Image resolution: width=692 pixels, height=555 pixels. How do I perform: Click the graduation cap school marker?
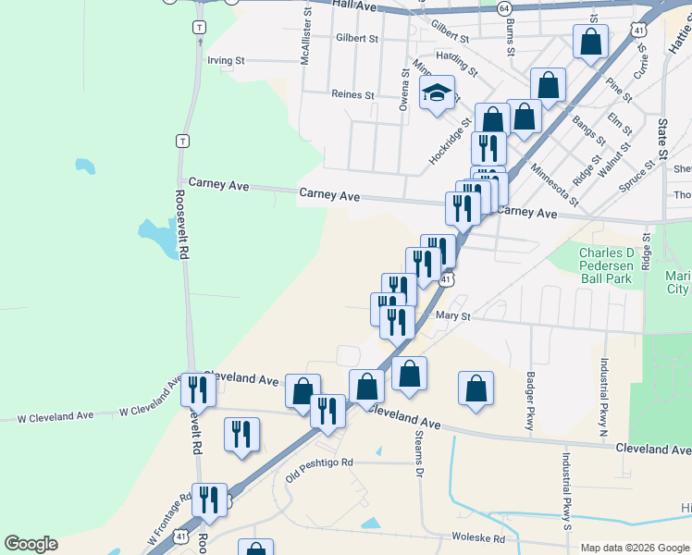coord(438,93)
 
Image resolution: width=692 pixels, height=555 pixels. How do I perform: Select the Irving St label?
coord(226,61)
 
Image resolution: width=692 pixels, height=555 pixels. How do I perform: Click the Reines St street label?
coord(352,94)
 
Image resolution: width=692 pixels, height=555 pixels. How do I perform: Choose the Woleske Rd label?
coord(478,537)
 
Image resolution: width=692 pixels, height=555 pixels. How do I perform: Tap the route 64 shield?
coord(503,7)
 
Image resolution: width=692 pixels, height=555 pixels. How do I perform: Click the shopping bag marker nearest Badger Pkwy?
coord(476,388)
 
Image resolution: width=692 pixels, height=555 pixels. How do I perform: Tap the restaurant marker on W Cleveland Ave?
coord(198,389)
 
